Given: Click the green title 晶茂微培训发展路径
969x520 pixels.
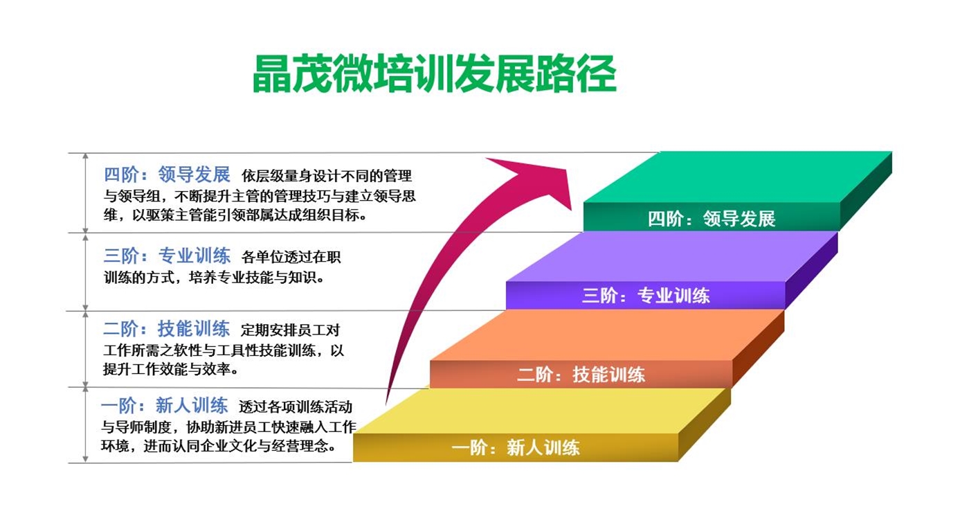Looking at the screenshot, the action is (435, 73).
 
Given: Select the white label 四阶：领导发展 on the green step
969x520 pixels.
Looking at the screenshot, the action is (712, 219).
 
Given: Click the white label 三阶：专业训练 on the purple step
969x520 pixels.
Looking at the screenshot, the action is (646, 296).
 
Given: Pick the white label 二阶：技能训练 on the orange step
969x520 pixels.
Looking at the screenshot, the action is (581, 375).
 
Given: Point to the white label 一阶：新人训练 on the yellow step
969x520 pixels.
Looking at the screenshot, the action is (516, 447).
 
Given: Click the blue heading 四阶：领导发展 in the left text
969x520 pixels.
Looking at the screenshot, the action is (167, 174).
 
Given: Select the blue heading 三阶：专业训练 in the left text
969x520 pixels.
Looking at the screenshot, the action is (167, 255).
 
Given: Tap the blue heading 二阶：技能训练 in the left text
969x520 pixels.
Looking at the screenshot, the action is (167, 329).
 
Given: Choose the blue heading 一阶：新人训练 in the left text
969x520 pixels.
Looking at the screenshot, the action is (165, 405).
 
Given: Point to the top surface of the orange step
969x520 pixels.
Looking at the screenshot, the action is (606, 335).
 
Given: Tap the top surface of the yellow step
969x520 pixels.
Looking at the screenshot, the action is (541, 411).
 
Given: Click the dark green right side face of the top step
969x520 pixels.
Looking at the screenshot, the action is (866, 190).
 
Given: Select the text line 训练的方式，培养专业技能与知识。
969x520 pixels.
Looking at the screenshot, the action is (214, 277).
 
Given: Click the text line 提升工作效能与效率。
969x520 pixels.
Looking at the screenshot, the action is (170, 369).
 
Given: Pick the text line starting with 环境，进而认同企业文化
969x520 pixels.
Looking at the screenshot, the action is (219, 446).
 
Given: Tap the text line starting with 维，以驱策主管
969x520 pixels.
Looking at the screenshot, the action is (235, 215).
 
